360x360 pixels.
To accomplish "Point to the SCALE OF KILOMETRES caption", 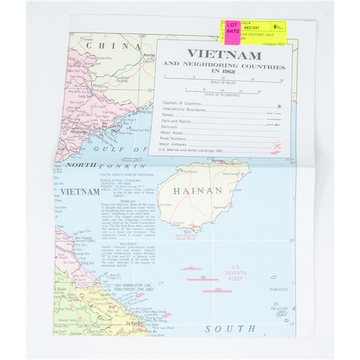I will click(222, 95).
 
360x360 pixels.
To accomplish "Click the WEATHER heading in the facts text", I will click(126, 244).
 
